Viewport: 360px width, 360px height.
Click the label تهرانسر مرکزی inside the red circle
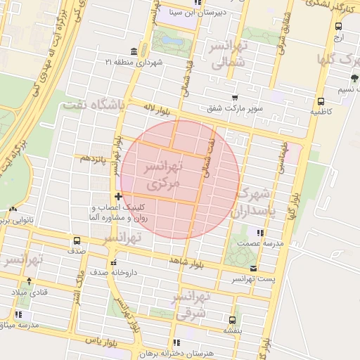click(163, 176)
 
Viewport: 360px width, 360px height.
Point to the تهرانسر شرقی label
click(190, 305)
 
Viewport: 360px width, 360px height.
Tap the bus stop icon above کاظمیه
click(321, 101)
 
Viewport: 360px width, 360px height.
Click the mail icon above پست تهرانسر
click(253, 269)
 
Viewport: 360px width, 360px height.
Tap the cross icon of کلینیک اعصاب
click(118, 196)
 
